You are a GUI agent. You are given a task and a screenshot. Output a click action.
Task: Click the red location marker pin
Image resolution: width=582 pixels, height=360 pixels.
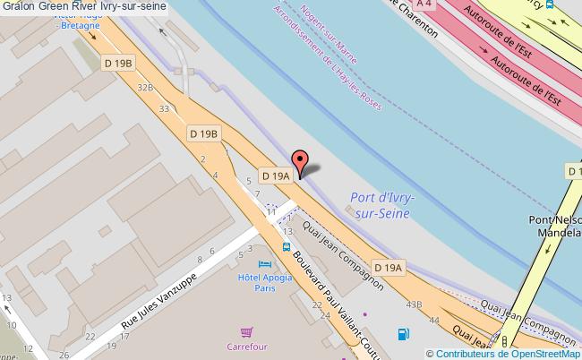[302, 161]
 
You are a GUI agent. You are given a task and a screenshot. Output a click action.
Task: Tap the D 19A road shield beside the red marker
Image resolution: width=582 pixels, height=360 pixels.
[276, 176]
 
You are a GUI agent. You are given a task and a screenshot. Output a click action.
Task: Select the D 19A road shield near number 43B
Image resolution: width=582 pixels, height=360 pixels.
[389, 267]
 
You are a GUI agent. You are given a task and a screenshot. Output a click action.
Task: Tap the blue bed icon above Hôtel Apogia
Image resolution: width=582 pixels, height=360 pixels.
[263, 265]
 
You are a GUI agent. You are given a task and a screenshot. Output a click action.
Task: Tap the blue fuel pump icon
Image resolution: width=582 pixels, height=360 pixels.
[403, 335]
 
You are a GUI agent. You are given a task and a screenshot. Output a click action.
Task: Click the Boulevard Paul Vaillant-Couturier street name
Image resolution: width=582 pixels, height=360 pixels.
[327, 296]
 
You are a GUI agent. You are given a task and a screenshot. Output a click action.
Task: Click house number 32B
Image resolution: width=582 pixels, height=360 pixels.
[145, 87]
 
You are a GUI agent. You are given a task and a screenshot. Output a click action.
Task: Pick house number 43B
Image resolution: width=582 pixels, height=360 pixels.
[413, 305]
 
